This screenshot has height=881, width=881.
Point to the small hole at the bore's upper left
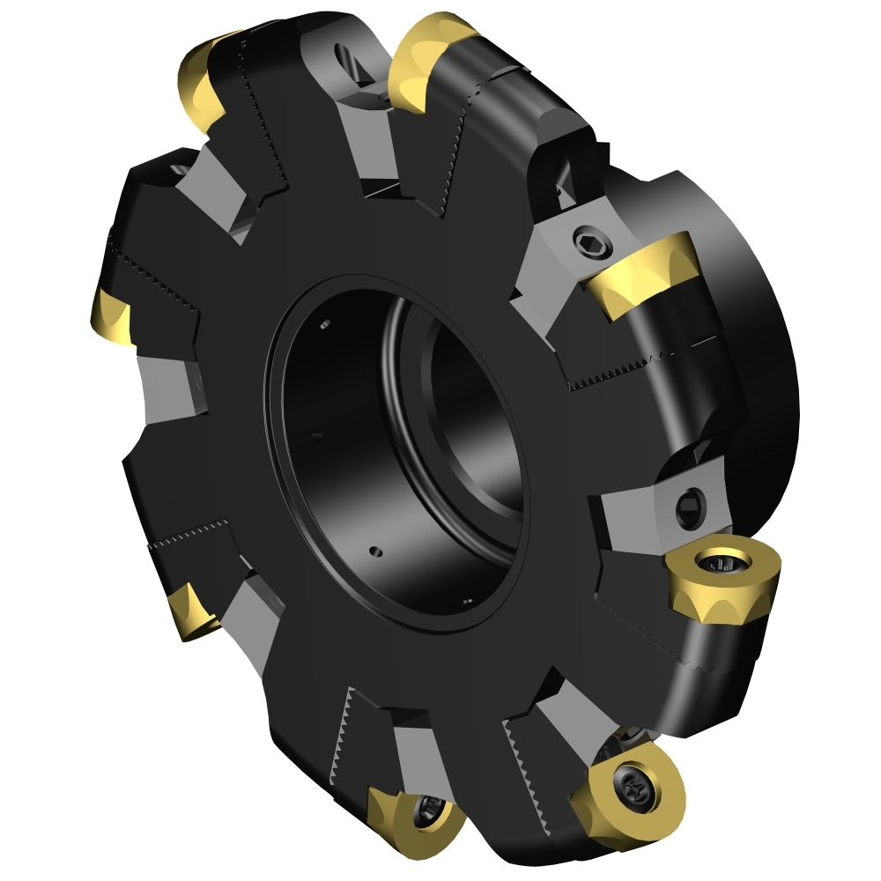[325, 327]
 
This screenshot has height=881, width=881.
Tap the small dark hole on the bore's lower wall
[377, 552]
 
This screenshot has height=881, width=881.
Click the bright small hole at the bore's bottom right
[467, 602]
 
